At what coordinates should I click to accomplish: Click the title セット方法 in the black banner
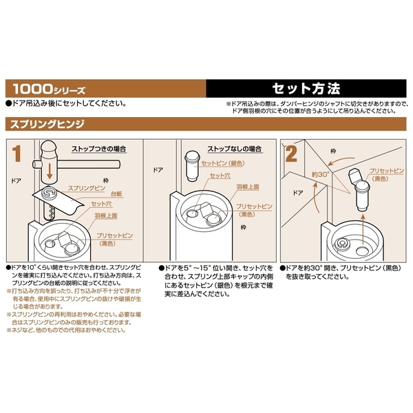tap(306, 89)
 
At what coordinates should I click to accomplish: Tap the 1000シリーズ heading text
tap(50, 89)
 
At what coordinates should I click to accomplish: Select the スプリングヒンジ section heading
tap(47, 124)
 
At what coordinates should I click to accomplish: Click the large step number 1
tap(17, 153)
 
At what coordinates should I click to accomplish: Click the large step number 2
tap(291, 153)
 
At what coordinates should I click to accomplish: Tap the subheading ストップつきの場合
tap(98, 149)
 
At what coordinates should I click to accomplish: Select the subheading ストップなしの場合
tap(235, 149)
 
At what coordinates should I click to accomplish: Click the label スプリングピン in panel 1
tap(87, 188)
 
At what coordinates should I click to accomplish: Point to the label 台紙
tap(116, 194)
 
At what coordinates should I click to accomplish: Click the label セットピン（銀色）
tap(223, 163)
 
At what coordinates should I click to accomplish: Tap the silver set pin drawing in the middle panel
tap(193, 166)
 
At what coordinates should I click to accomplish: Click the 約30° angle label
tap(320, 174)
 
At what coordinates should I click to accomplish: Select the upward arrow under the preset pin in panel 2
tap(363, 229)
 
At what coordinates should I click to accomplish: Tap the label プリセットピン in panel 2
tap(386, 171)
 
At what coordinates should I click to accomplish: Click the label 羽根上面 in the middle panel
tap(248, 187)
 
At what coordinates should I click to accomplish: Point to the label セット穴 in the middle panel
tap(220, 176)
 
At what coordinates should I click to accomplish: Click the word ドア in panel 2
tap(298, 193)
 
